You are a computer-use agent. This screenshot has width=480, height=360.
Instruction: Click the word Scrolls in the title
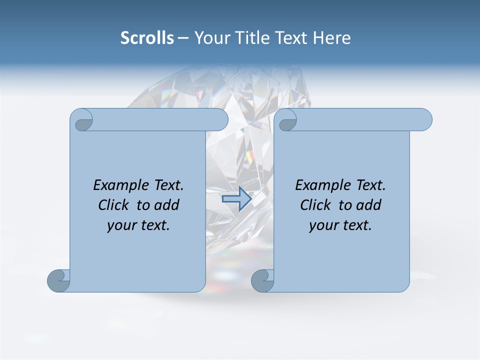[147, 38]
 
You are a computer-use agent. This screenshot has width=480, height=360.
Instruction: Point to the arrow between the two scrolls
[237, 198]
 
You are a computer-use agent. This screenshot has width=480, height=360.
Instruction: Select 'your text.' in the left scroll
[138, 225]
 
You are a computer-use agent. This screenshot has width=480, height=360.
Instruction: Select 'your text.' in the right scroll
[340, 225]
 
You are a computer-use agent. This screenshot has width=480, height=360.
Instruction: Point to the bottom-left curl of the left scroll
[58, 280]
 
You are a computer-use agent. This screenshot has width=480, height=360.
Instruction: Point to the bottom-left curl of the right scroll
[262, 280]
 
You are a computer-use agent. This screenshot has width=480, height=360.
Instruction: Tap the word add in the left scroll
[167, 205]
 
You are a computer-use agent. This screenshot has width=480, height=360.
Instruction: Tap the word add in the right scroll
[369, 205]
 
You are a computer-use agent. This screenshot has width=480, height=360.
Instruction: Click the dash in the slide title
[183, 38]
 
